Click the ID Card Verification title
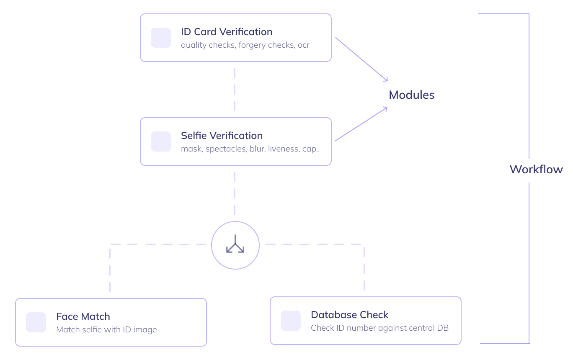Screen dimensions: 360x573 click(227, 32)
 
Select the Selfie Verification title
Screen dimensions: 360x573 click(222, 136)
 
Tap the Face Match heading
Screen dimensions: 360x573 click(83, 316)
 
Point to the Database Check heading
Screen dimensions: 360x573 click(349, 315)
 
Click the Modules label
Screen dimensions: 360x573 click(411, 95)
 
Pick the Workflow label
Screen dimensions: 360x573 click(536, 170)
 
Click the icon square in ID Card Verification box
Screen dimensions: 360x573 click(161, 38)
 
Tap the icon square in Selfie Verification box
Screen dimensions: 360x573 click(161, 141)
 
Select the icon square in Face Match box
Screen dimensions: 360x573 click(36, 322)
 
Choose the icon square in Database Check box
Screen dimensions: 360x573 click(291, 321)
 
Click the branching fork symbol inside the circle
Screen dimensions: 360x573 click(235, 244)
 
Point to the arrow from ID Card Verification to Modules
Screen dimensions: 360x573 click(361, 59)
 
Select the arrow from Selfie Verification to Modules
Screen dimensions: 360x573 click(361, 124)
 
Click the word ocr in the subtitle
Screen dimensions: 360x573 click(303, 45)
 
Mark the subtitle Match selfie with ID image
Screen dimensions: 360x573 click(106, 330)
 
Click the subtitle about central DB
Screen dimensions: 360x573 click(379, 328)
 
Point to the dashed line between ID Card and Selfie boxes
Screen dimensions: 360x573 click(235, 90)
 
